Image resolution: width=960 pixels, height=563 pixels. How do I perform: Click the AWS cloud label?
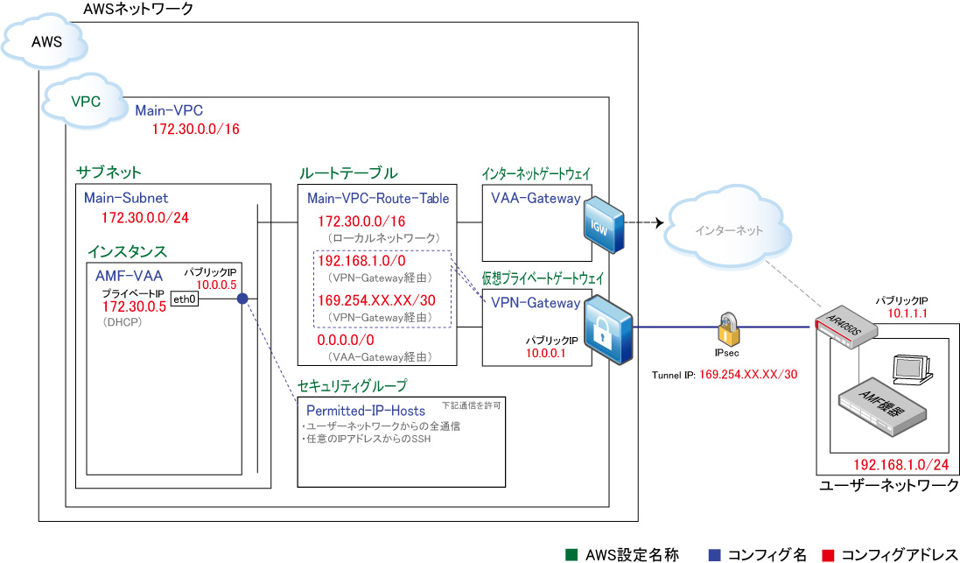(x=46, y=42)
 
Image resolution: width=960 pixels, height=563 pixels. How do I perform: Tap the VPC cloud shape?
(x=85, y=102)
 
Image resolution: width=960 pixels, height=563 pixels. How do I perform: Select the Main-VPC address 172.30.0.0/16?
(x=196, y=130)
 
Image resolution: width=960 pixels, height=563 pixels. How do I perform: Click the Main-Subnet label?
(x=126, y=198)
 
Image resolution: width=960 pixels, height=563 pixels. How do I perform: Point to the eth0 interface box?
(x=184, y=299)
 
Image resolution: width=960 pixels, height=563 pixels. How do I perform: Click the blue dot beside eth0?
(x=242, y=299)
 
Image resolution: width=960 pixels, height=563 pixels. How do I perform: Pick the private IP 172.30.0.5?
(x=134, y=307)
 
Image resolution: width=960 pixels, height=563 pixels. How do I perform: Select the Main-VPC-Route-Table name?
(x=378, y=199)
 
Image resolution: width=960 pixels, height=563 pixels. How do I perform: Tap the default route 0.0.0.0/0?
(x=346, y=340)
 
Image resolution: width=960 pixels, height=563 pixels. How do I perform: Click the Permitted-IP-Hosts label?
(x=366, y=411)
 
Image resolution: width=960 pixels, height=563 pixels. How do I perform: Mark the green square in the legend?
(x=571, y=554)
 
